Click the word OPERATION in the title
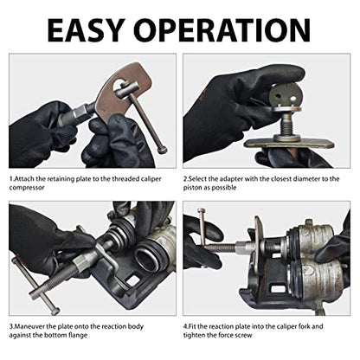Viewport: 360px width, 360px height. coord(223,30)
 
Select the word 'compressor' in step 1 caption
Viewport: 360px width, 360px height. coord(27,188)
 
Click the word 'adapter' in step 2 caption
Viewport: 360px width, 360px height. coord(231,179)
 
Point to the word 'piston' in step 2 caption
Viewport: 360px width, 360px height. coord(192,188)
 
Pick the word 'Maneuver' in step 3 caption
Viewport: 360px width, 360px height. coord(29,326)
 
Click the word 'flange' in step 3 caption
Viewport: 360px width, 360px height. coord(78,336)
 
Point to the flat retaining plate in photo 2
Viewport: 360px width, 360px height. coord(288,144)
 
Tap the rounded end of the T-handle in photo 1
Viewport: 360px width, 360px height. coord(163,151)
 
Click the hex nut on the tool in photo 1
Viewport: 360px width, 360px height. coord(81,112)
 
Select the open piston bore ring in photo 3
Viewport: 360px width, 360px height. coord(147,253)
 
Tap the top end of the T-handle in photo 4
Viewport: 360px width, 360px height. coord(202,211)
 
